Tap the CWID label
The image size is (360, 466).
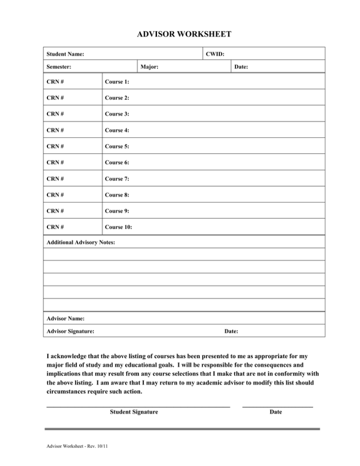click(x=215, y=54)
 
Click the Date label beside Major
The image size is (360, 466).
click(x=241, y=68)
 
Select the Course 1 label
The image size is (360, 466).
click(x=117, y=82)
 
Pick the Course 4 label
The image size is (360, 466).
click(x=117, y=130)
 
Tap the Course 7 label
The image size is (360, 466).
click(x=117, y=179)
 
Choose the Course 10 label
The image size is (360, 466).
click(x=119, y=227)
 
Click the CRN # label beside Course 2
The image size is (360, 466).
click(x=55, y=98)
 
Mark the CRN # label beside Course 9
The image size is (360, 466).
click(x=55, y=211)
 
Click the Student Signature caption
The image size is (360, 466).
click(x=134, y=412)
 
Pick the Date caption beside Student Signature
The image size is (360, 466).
click(x=276, y=412)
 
